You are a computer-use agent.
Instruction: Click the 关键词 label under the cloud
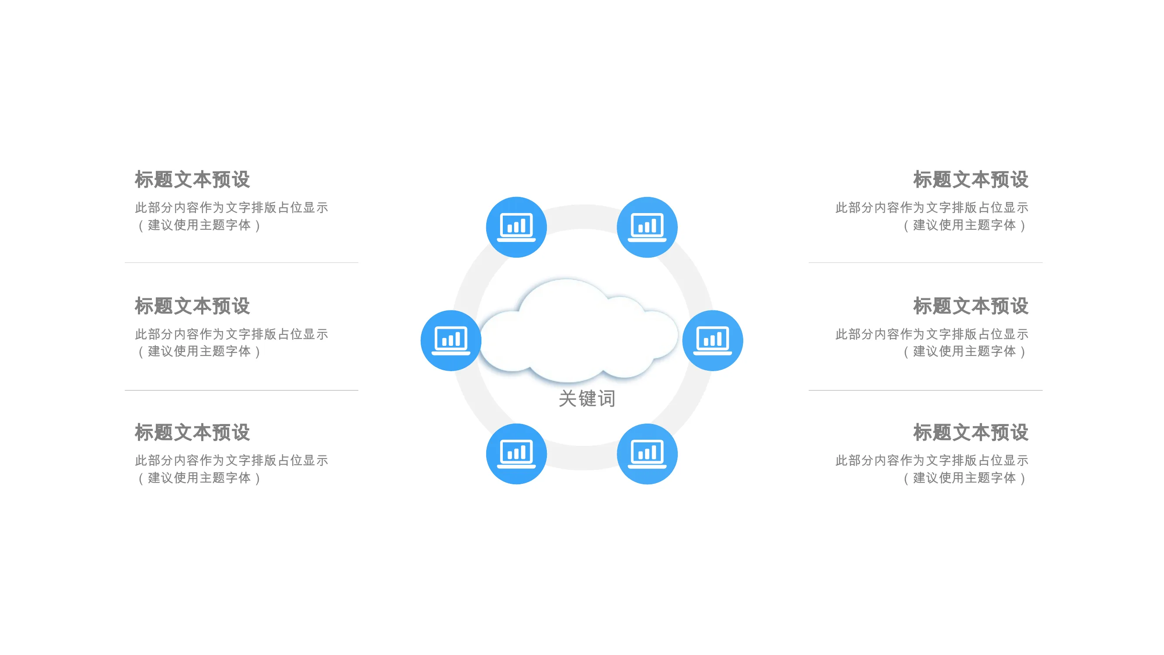coord(587,398)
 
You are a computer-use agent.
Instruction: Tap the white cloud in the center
coord(578,331)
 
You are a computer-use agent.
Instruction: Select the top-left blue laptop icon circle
coord(516,227)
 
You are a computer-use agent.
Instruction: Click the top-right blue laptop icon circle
coord(647,227)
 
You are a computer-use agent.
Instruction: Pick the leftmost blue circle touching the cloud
coord(451,341)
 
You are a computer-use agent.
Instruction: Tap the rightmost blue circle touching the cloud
coord(713,341)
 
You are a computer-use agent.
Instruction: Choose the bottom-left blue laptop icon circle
coord(516,454)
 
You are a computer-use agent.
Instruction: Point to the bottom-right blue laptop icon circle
coord(647,454)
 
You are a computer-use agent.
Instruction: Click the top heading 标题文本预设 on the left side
coord(192,179)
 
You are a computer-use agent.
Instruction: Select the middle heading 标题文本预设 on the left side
coord(192,306)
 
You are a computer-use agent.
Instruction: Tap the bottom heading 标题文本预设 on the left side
coord(192,433)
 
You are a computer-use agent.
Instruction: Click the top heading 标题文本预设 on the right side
coord(971,179)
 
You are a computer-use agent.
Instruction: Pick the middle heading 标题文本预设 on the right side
coord(971,306)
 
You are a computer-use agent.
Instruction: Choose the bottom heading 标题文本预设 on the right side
coord(971,433)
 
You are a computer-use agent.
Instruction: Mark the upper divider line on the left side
coord(242,262)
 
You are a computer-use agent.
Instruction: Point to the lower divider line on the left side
coord(242,390)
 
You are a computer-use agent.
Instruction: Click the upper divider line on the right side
coord(926,262)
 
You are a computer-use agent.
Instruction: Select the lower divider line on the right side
coord(926,390)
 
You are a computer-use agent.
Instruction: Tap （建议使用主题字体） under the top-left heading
coord(199,225)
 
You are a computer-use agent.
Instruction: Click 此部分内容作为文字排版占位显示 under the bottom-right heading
coord(932,461)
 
